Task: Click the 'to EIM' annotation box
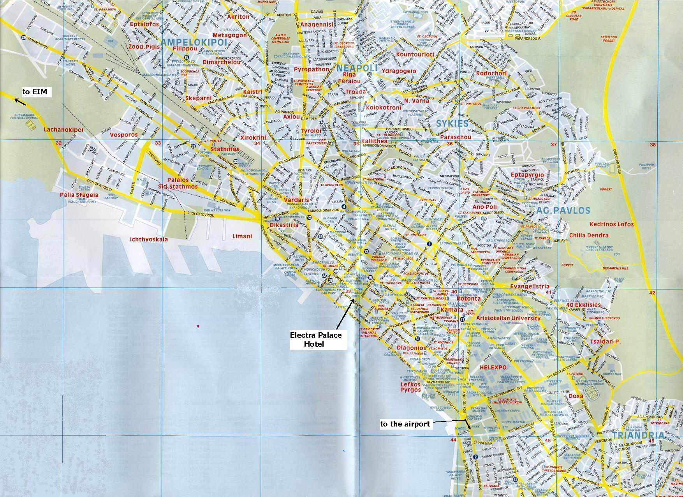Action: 34,92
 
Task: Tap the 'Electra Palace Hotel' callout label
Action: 315,339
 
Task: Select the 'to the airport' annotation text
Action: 405,424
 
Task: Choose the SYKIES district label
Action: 452,124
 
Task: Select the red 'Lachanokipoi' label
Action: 63,130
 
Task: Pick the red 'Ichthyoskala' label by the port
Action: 149,239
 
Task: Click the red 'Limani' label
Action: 242,236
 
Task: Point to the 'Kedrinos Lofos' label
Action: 611,224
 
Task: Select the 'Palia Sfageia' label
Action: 79,195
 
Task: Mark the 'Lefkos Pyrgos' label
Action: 411,387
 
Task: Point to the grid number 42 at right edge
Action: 653,293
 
